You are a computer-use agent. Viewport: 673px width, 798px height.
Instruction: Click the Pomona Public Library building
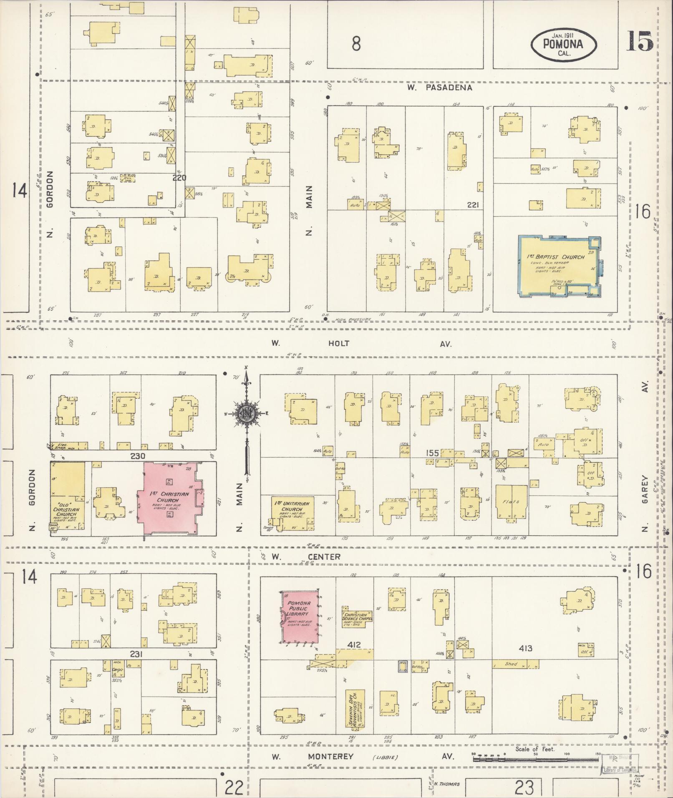pyautogui.click(x=299, y=617)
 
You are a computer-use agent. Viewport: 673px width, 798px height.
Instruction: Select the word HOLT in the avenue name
pyautogui.click(x=338, y=344)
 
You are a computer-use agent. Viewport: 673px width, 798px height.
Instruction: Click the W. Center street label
pyautogui.click(x=306, y=556)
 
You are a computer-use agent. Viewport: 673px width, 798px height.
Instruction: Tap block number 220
pyautogui.click(x=179, y=177)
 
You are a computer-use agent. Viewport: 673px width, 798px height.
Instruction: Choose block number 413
pyautogui.click(x=526, y=648)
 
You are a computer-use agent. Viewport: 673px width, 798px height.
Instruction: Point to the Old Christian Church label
pyautogui.click(x=67, y=512)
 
